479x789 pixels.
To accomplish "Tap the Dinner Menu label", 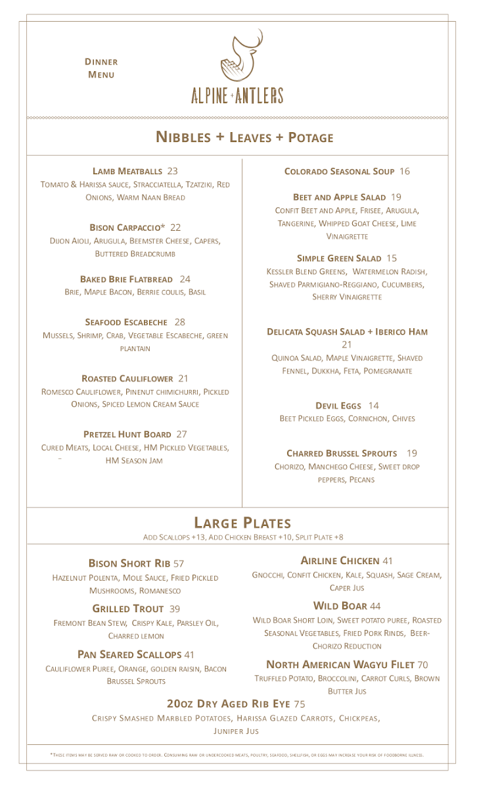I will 101,68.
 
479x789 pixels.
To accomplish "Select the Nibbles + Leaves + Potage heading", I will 244,137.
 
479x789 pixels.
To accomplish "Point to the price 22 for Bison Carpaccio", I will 175,227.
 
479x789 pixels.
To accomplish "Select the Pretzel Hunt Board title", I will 127,435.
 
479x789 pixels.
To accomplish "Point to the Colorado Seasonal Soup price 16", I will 405,172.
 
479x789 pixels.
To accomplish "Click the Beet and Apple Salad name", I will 339,197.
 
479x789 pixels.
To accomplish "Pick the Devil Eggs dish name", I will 338,406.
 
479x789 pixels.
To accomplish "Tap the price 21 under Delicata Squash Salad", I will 347,345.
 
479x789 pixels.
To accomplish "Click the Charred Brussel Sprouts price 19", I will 412,454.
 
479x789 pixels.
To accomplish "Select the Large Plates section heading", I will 242,523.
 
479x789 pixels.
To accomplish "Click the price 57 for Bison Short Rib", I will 179,564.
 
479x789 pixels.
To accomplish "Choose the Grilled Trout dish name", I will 127,609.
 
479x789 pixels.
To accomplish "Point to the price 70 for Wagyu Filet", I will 422,665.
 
